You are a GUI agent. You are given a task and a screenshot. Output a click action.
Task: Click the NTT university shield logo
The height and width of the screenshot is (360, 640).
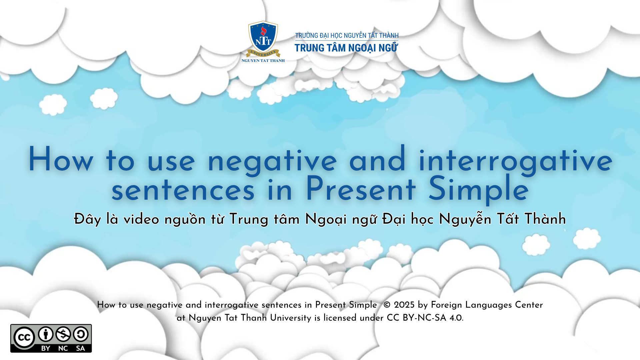pos(263,38)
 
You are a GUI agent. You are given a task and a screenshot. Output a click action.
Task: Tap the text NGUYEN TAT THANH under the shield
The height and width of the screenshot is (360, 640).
pos(263,61)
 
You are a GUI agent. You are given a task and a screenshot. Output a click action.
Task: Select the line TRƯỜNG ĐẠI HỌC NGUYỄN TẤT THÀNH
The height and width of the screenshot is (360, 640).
pos(347,35)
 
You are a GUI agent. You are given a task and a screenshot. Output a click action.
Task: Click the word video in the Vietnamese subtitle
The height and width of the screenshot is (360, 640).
pos(141,219)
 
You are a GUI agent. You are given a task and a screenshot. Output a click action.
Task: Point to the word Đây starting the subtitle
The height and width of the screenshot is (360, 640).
pos(87,219)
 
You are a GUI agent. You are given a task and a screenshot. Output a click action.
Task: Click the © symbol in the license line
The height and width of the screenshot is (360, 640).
pos(387,305)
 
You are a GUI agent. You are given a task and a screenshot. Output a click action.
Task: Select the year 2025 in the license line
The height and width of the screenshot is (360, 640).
pos(404,305)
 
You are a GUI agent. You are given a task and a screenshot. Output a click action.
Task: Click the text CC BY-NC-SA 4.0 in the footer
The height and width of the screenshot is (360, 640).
pos(424,318)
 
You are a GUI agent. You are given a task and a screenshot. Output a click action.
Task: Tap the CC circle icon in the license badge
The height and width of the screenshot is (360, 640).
pos(24,338)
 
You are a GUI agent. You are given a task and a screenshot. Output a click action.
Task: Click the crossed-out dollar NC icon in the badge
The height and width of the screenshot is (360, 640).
pos(63,334)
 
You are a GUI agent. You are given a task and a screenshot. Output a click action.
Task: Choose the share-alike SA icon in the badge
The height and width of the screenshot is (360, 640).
pos(81,334)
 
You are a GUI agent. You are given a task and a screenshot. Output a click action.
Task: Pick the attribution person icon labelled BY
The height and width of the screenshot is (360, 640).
pos(46,334)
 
